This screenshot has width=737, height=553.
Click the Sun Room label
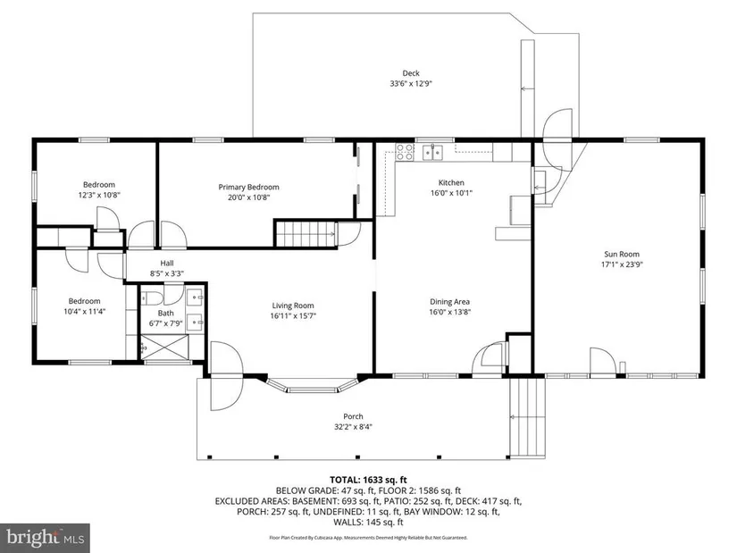tap(622, 254)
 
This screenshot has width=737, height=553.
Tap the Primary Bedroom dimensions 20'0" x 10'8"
tap(248, 197)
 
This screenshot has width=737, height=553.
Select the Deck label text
tap(411, 73)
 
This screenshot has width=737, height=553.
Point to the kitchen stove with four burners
tap(405, 152)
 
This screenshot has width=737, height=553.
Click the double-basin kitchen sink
tap(433, 153)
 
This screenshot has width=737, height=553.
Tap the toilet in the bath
tap(151, 297)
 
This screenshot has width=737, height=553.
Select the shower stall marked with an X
tap(165, 348)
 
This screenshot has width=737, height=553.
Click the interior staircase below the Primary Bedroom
tap(306, 234)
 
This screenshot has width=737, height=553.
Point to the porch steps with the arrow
tap(528, 417)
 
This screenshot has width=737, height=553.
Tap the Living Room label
tap(293, 306)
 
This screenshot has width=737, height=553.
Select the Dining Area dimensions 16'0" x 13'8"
tap(450, 312)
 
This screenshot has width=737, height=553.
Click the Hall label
tap(167, 264)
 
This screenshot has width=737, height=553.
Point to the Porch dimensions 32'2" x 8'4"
tap(353, 427)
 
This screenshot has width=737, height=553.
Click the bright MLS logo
tap(45, 537)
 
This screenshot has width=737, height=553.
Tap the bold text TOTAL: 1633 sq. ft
tap(368, 480)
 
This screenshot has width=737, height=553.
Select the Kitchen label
tap(451, 182)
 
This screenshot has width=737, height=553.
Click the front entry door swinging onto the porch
tap(227, 376)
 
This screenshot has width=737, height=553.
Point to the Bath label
tap(166, 314)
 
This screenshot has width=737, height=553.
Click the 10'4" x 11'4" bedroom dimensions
tap(85, 311)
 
